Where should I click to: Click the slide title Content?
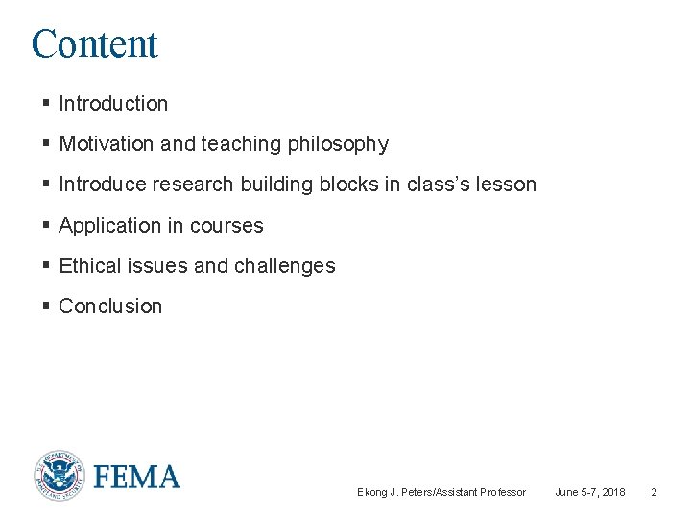click(x=94, y=44)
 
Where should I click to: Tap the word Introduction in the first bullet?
click(x=113, y=104)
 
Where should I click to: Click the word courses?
click(x=226, y=226)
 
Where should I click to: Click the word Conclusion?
click(x=110, y=307)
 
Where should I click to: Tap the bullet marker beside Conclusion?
click(x=46, y=306)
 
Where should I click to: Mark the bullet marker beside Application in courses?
click(x=46, y=225)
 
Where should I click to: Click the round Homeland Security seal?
click(x=59, y=476)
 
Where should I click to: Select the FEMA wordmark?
click(x=136, y=477)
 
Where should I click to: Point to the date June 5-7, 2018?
click(x=589, y=492)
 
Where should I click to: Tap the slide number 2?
click(x=654, y=492)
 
